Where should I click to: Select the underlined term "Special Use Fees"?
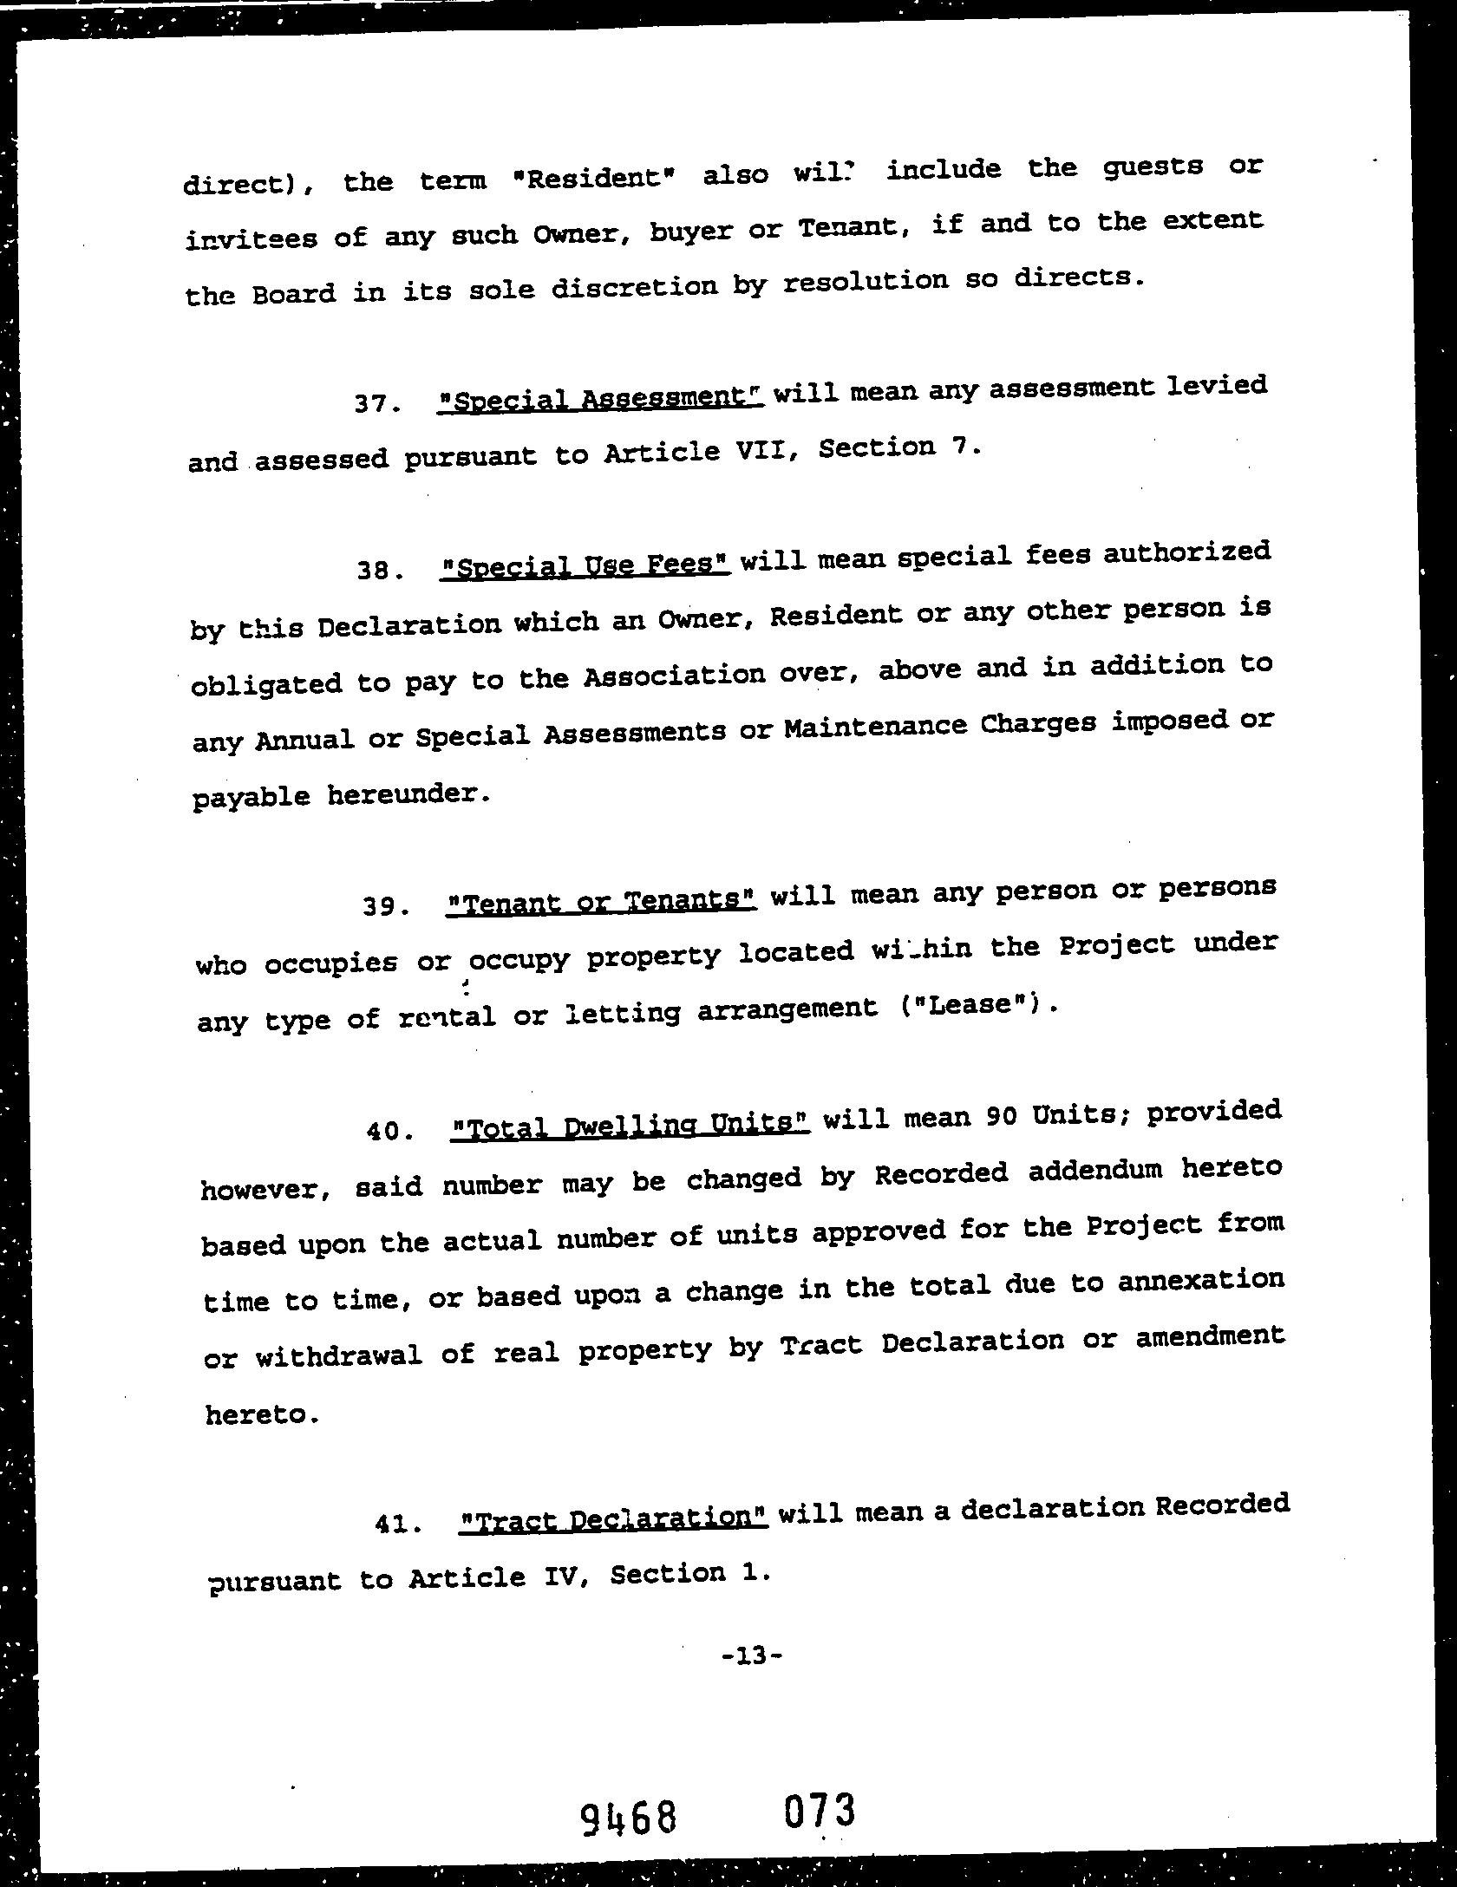coord(585,567)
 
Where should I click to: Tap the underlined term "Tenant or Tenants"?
coord(602,902)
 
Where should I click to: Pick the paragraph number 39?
coord(385,907)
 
